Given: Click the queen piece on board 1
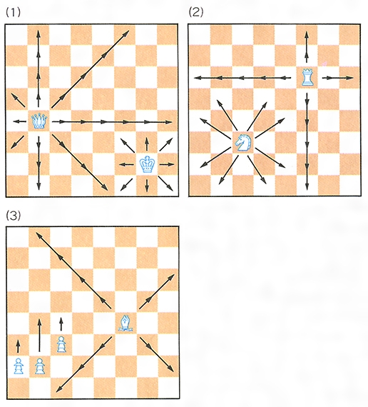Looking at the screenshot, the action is click(x=39, y=121).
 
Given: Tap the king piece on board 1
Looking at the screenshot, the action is click(x=148, y=164).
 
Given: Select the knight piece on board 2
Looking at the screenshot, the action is click(x=243, y=143).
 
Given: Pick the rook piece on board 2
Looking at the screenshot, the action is click(x=307, y=77).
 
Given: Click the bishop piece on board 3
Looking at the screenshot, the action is click(x=126, y=323).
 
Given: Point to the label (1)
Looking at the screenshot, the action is click(x=13, y=12).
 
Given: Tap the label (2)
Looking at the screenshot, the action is click(x=196, y=12).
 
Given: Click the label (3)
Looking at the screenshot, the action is click(x=13, y=215).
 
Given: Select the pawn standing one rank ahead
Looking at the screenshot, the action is click(x=61, y=344).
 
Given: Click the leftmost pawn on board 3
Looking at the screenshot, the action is click(x=19, y=366).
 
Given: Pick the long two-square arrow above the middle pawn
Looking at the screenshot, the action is click(x=39, y=335).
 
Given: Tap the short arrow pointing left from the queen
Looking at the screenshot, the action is click(x=20, y=121).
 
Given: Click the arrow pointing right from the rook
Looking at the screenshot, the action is click(x=337, y=78).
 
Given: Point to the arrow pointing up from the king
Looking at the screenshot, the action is click(x=147, y=144).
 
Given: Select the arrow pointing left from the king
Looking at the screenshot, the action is click(x=126, y=164).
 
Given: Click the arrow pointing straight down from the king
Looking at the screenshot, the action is click(x=147, y=186).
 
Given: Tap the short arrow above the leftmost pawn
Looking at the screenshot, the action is click(x=18, y=346).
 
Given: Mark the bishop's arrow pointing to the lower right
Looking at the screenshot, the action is click(x=156, y=354).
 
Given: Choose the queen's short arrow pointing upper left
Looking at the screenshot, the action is click(x=18, y=101).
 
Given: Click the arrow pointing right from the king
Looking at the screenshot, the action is click(x=167, y=164).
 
